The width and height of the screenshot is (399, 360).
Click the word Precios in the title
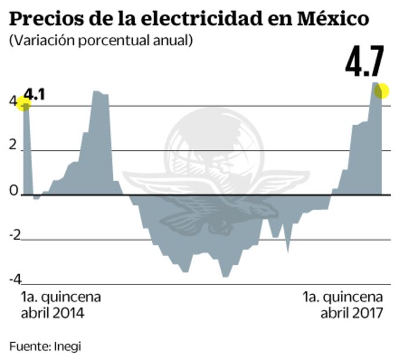44,19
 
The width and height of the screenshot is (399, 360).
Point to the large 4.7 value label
365,63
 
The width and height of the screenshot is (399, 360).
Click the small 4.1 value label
35,94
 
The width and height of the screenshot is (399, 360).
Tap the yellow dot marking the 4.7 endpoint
381,91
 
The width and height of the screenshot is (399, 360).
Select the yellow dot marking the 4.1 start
23,105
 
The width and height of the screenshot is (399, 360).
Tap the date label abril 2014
53,314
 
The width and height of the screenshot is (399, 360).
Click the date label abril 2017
351,314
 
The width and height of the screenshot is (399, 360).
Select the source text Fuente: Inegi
45,347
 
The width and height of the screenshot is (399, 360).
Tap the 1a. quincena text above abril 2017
343,297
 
